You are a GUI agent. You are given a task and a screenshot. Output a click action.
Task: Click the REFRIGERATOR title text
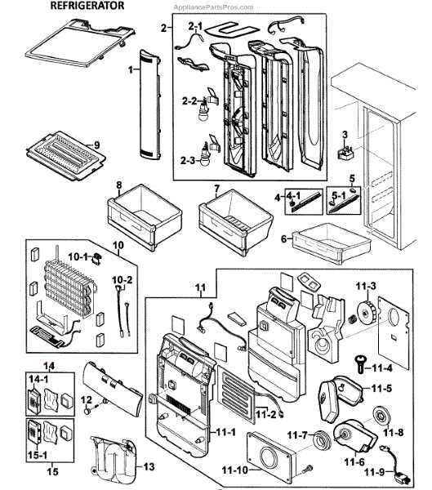88,6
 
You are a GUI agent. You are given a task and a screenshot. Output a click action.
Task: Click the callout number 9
96,145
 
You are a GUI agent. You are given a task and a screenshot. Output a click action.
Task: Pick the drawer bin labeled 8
134,214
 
